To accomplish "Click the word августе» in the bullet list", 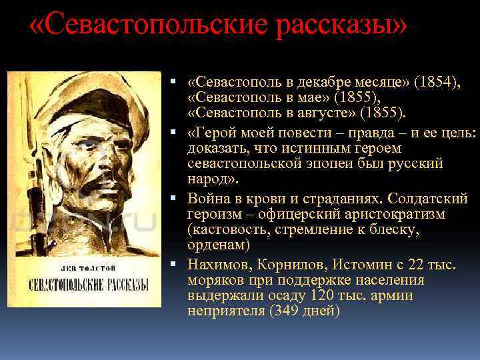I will [x=327, y=111].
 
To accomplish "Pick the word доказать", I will [x=213, y=148].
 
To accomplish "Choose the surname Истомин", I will [x=355, y=265].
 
